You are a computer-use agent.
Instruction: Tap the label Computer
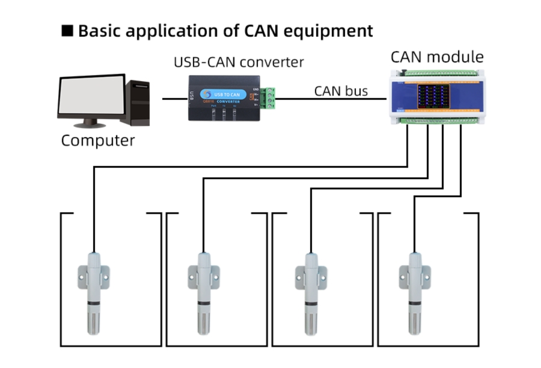click(98, 141)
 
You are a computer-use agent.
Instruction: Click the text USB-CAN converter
click(239, 62)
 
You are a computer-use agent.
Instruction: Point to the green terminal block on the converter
click(271, 99)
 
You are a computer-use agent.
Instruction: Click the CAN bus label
click(341, 91)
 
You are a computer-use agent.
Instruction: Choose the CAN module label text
click(437, 57)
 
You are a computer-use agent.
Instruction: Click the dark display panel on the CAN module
click(434, 96)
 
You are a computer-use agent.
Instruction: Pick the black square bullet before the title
click(67, 31)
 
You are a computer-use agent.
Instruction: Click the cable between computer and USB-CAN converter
click(174, 97)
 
